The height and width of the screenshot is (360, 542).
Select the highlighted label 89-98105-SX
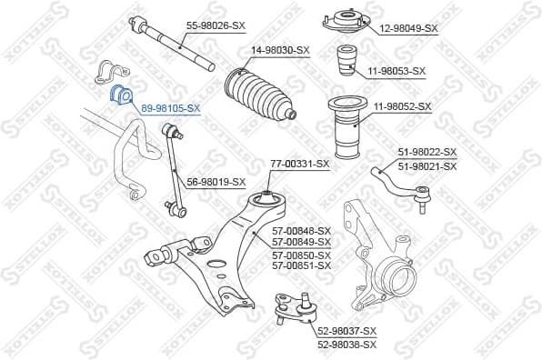click(170, 107)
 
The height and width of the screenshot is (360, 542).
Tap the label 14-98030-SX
click(279, 50)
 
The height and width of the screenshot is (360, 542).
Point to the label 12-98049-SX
click(408, 28)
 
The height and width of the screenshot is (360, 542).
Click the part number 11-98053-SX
click(396, 70)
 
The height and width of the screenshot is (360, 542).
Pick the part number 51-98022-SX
click(427, 152)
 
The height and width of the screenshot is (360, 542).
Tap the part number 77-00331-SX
click(299, 164)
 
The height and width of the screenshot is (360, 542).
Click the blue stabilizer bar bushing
click(120, 95)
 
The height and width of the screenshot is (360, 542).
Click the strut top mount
click(337, 21)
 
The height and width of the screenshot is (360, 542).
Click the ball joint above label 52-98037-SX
click(294, 309)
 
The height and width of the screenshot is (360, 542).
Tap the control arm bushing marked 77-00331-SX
click(266, 198)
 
